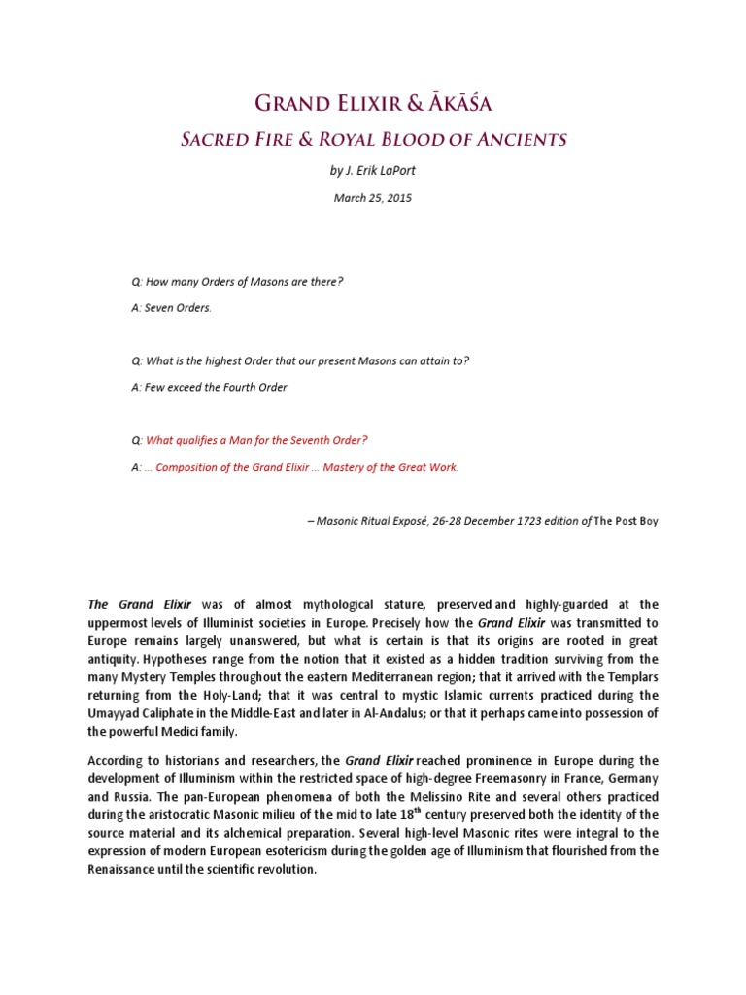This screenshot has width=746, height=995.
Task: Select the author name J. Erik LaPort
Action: click(x=380, y=171)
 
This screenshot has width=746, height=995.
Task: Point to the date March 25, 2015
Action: click(x=373, y=198)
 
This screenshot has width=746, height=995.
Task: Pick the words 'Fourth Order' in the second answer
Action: click(x=255, y=387)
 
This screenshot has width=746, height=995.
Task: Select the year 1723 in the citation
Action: click(x=497, y=521)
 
